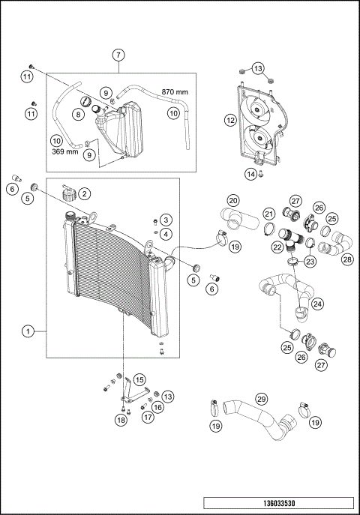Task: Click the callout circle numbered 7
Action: click(x=118, y=55)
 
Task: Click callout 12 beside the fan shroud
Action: click(x=231, y=119)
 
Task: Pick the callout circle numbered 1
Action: click(x=28, y=331)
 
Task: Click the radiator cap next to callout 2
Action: click(x=70, y=194)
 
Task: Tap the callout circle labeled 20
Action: click(x=233, y=201)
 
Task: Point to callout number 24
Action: click(x=318, y=304)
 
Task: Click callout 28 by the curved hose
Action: click(x=346, y=259)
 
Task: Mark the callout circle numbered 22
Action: click(x=277, y=247)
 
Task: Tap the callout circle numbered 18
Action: click(x=121, y=421)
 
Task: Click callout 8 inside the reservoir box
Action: click(x=78, y=114)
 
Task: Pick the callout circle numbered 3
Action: click(x=166, y=220)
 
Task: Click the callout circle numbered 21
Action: click(x=268, y=214)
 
